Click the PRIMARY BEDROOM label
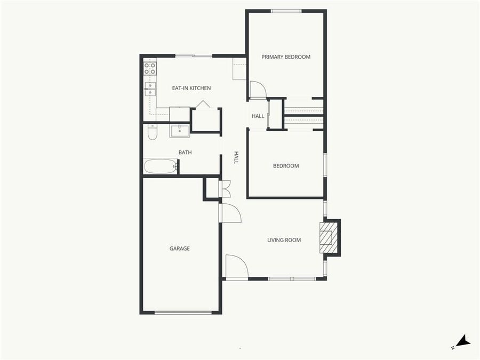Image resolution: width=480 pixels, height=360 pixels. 285,57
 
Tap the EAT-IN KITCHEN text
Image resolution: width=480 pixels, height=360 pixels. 191,88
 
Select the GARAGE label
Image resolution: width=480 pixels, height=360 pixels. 179,249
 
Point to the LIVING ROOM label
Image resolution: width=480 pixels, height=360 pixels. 284,240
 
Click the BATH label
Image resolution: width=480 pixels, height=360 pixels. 185,153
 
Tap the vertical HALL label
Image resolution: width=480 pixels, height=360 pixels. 236,157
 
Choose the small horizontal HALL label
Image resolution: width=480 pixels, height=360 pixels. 258,116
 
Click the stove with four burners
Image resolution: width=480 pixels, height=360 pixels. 150,68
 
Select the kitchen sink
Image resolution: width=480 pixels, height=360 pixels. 150,89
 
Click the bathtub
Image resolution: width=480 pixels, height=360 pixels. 160,166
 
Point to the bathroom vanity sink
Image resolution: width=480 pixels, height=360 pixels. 180,130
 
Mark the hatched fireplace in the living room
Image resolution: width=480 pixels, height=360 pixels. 328,237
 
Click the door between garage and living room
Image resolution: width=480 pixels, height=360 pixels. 229,213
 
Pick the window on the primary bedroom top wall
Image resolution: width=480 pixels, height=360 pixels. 286,11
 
